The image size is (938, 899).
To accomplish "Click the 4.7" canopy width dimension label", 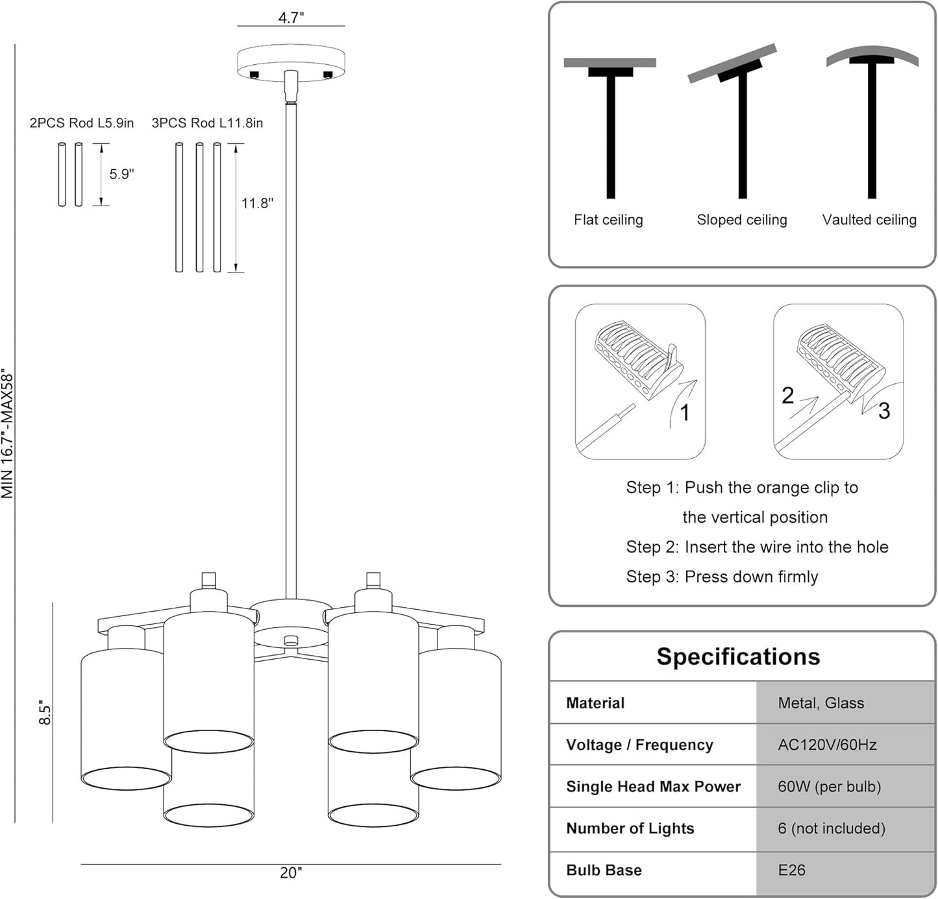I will click(291, 18).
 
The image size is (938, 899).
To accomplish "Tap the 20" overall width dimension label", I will click(291, 873).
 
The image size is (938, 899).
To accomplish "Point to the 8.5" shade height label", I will click(45, 712).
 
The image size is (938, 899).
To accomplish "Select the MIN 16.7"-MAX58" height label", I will click(8, 433).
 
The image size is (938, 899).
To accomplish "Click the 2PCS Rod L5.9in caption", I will click(82, 123).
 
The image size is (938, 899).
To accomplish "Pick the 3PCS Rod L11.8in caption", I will click(207, 123).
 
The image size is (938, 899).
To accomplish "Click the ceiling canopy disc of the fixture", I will click(291, 62).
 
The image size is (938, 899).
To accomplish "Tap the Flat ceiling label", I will click(608, 220).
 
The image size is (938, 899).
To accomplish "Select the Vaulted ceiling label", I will click(869, 220).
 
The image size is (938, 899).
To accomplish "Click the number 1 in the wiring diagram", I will click(684, 413).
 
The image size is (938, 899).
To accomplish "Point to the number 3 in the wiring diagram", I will click(883, 411).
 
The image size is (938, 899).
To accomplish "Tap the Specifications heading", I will click(738, 656).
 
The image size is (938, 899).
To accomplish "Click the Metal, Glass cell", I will click(821, 703).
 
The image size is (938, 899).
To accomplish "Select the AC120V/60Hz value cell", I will click(827, 745).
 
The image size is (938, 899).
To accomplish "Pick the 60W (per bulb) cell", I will click(829, 787).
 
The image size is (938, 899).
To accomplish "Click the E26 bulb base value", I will click(791, 870).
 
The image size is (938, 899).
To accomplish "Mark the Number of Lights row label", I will click(630, 828).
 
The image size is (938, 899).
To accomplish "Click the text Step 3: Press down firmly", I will click(722, 577).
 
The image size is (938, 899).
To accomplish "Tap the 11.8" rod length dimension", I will click(257, 204).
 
